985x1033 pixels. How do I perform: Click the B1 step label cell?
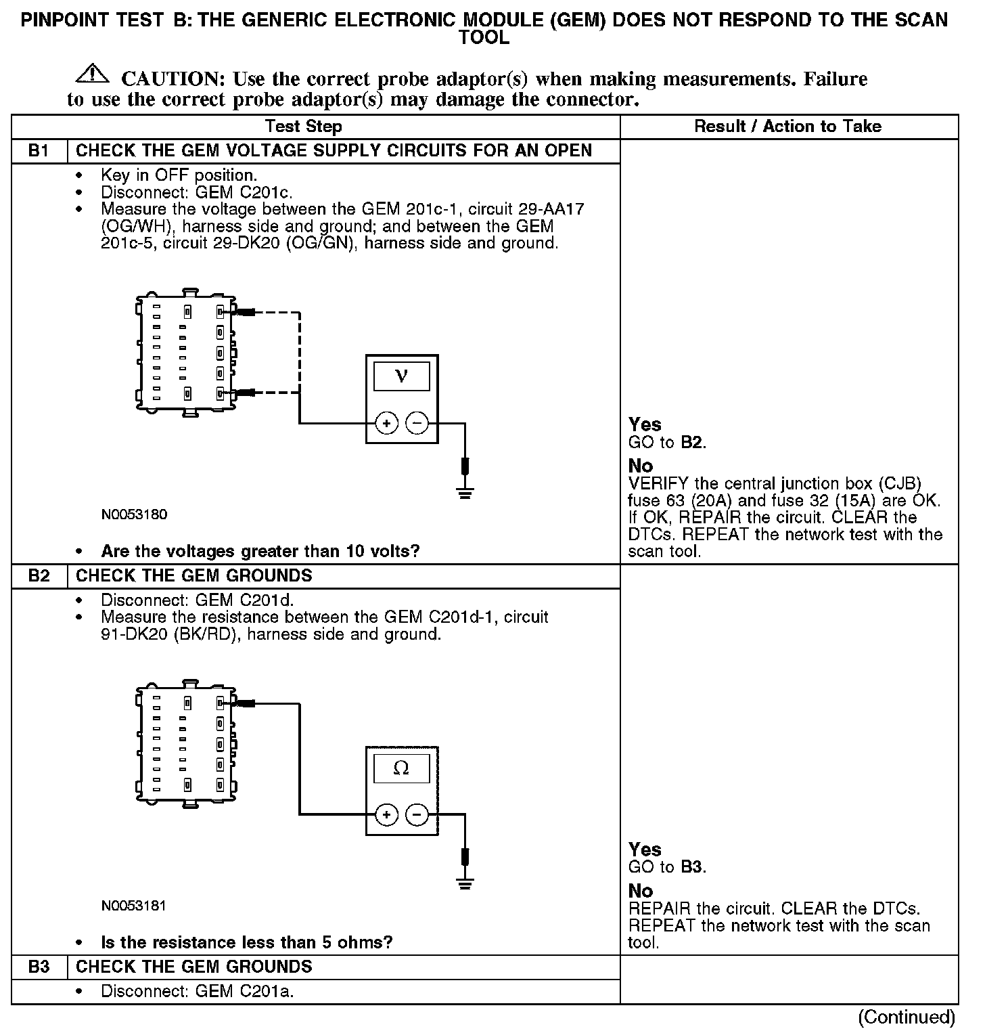tap(39, 151)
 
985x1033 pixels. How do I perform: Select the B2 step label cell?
tap(39, 576)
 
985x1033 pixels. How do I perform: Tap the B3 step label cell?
tap(39, 967)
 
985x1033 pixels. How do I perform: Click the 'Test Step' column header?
tap(304, 127)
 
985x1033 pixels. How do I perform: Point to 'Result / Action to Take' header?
tap(788, 127)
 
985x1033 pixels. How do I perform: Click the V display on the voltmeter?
tap(402, 376)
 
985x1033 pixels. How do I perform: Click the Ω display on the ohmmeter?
tap(401, 768)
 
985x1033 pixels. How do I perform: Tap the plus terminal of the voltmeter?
tap(387, 424)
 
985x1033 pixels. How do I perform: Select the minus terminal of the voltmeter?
tap(417, 424)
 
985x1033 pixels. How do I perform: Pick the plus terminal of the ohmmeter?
tap(387, 814)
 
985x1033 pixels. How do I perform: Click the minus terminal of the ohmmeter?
tap(417, 814)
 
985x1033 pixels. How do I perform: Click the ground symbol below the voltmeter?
tap(465, 492)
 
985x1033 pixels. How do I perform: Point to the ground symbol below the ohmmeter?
tap(465, 883)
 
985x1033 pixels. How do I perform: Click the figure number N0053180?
tap(134, 514)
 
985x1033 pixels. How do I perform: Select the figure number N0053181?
tap(134, 906)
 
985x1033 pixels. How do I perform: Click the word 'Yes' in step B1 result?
tap(645, 424)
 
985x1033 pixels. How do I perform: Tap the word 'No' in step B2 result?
tap(641, 891)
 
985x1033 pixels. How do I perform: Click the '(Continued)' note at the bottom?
tap(907, 1017)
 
